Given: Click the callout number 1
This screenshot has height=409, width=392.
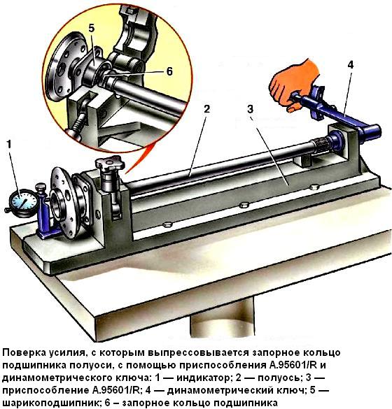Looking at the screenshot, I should (8, 145).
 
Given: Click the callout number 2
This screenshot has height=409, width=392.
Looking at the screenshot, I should (206, 109).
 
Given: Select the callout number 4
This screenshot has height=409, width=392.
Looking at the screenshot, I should (349, 65).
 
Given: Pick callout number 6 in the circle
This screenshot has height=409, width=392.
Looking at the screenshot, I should (169, 71).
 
